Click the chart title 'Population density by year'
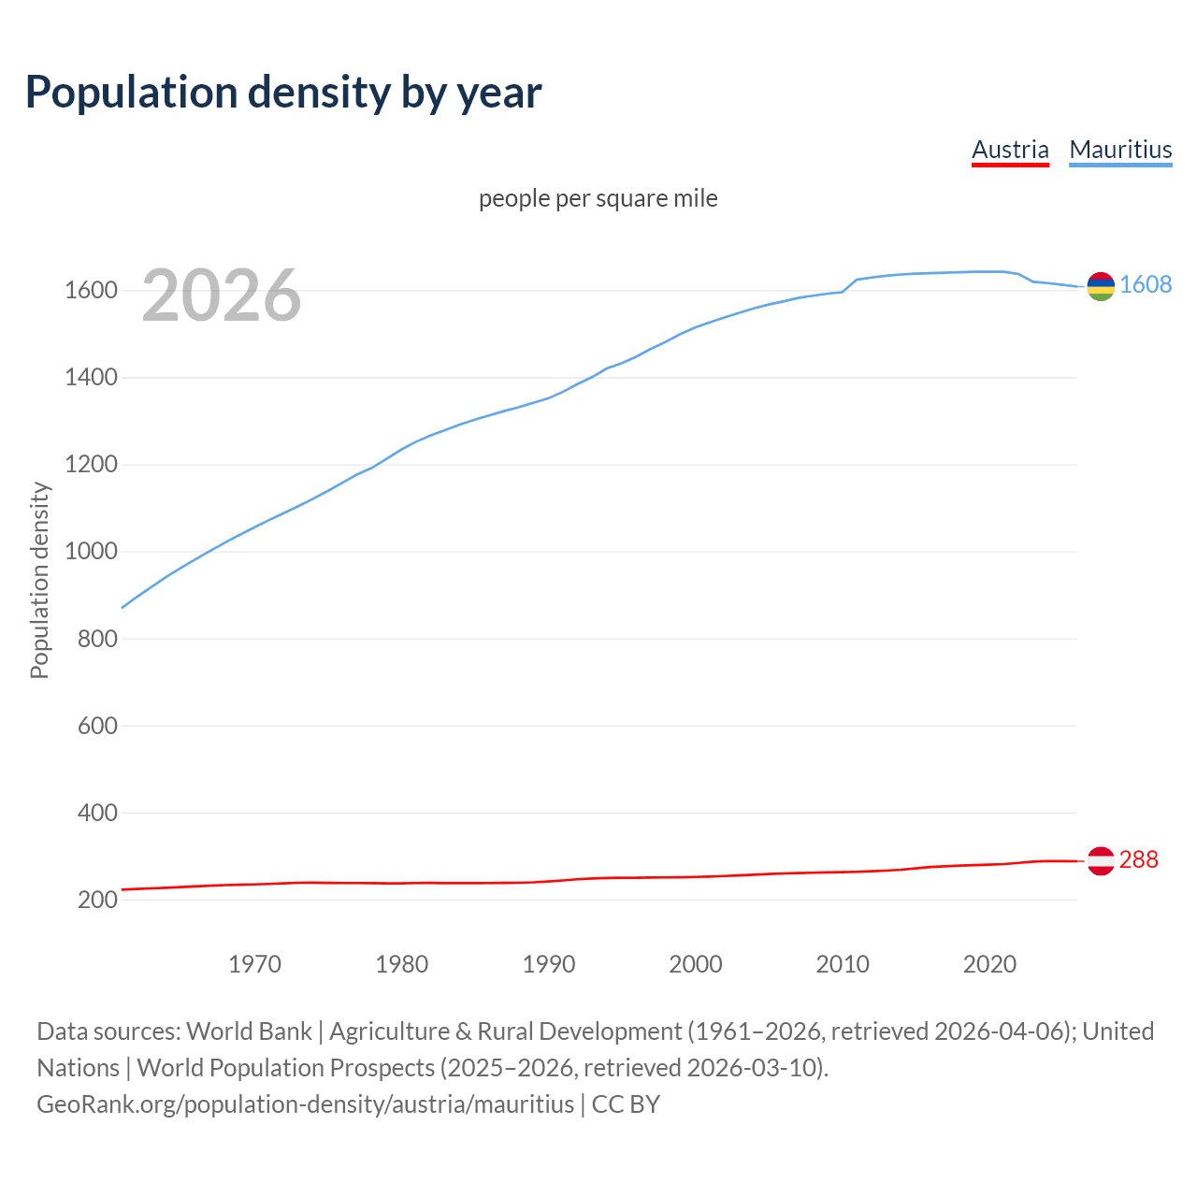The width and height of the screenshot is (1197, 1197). (x=283, y=93)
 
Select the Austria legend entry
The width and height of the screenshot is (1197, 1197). (x=1010, y=150)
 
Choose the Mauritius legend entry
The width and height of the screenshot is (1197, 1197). (x=1120, y=150)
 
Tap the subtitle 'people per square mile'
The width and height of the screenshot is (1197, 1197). (x=598, y=199)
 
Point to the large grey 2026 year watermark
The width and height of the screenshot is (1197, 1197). (x=222, y=296)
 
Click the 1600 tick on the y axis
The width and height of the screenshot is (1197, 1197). (x=91, y=291)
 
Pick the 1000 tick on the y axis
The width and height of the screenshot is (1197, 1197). (x=91, y=552)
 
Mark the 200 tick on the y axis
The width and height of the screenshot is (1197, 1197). (x=97, y=901)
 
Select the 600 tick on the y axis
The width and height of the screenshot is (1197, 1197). (x=97, y=727)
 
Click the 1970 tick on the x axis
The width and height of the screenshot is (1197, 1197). (x=254, y=964)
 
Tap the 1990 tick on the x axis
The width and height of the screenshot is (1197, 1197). (x=549, y=964)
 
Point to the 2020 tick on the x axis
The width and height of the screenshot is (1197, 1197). (x=989, y=964)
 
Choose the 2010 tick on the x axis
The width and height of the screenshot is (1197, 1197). (x=843, y=964)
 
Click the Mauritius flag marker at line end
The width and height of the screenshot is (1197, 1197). (x=1101, y=286)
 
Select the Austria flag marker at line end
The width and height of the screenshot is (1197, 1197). (x=1101, y=860)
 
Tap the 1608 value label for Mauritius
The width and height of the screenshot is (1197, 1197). (x=1146, y=285)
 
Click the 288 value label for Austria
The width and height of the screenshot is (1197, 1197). (x=1138, y=860)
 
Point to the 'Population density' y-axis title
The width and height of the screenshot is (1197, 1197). (x=39, y=580)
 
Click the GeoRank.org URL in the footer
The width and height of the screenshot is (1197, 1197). (x=305, y=1104)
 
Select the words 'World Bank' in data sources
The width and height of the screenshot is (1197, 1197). (x=249, y=1031)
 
